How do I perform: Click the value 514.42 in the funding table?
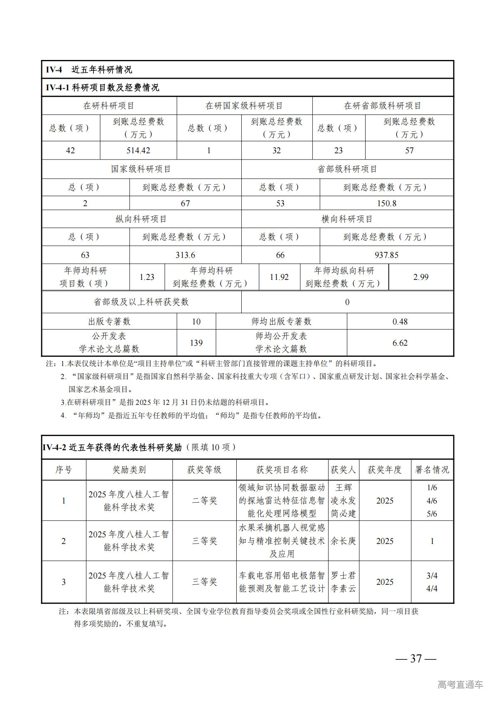click(138, 151)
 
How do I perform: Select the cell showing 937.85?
click(386, 255)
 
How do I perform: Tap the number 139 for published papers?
click(196, 343)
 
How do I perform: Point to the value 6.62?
click(400, 343)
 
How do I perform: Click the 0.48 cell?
click(400, 322)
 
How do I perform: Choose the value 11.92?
click(279, 277)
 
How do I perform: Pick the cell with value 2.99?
click(421, 277)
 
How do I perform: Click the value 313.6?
click(185, 255)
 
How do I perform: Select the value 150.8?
click(386, 203)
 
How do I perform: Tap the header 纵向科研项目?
click(141, 219)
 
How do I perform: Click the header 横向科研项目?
click(347, 219)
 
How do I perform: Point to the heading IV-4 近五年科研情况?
click(89, 70)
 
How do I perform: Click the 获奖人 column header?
click(343, 470)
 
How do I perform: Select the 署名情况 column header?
click(432, 470)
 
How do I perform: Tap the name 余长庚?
click(343, 541)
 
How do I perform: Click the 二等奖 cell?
click(204, 501)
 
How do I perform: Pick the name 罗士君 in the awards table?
click(343, 576)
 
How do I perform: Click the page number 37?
click(416, 659)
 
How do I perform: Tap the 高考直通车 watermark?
click(460, 684)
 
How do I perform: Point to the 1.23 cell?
click(147, 277)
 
